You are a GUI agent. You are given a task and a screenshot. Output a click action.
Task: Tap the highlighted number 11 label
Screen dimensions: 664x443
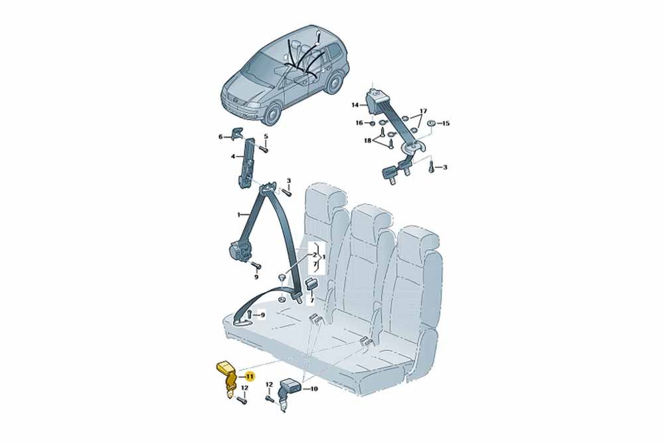point(250,376)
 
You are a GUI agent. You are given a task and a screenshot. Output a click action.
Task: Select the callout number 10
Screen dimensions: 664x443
point(314,389)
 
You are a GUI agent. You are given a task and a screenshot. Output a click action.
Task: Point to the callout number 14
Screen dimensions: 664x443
point(355,105)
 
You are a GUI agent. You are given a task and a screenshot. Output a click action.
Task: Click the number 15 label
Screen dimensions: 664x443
point(446,124)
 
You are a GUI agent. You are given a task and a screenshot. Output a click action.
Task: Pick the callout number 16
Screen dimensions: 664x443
point(359,124)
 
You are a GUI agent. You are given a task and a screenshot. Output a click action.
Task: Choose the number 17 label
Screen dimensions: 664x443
point(422,112)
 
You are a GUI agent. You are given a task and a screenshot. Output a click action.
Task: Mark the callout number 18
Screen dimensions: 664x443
point(367,140)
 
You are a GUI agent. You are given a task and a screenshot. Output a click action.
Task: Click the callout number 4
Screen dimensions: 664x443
point(233,157)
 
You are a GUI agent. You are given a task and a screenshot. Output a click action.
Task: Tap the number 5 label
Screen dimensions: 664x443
point(266,136)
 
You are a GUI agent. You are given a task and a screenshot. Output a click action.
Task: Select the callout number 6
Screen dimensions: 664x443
point(220,136)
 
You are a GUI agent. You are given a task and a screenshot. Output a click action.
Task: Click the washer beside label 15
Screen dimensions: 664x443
point(432,124)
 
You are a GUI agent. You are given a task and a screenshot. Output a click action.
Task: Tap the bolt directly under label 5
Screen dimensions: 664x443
point(263,149)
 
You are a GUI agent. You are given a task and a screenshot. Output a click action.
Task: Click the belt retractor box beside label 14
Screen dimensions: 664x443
point(373,102)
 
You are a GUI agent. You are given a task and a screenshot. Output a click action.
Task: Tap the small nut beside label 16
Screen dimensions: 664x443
point(371,124)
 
